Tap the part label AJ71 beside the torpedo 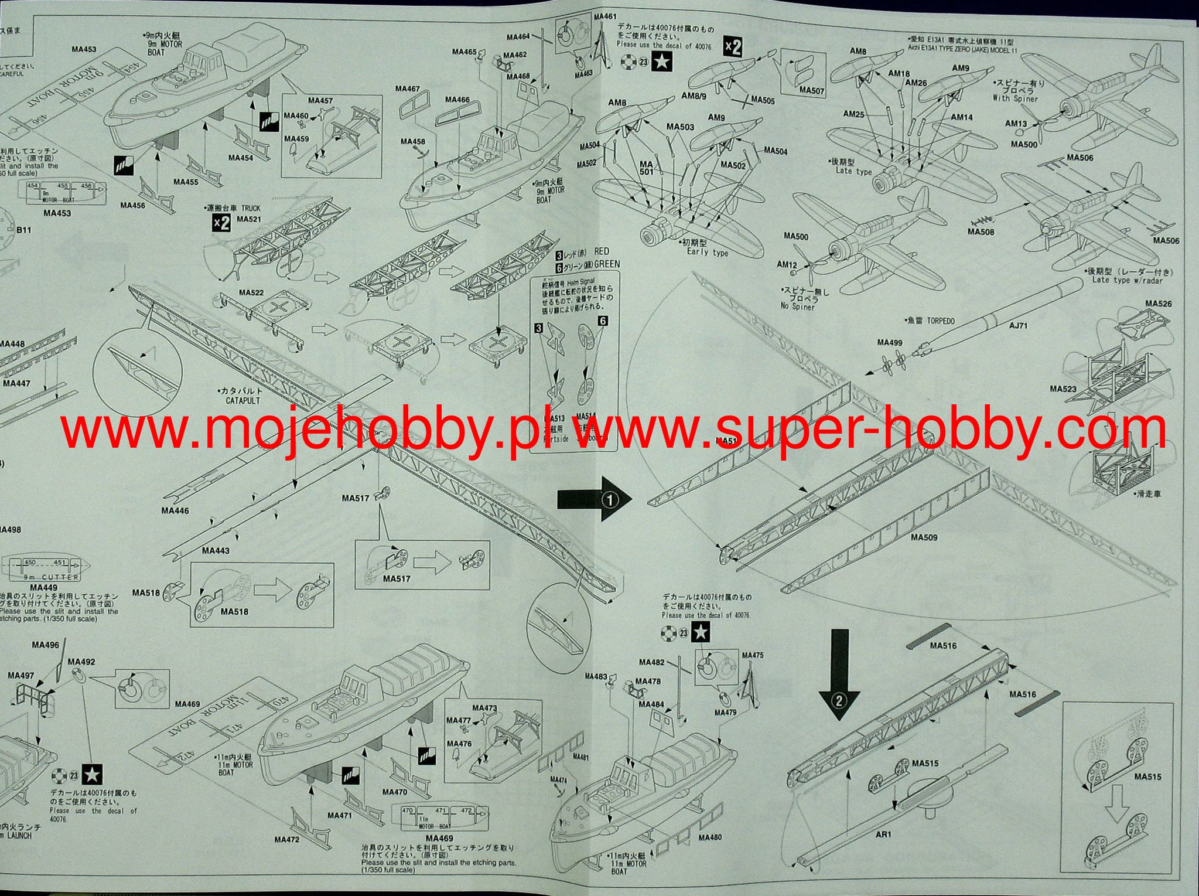(x=1018, y=326)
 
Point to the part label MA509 (x=924, y=537)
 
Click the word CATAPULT (x=242, y=401)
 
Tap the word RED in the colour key (x=602, y=251)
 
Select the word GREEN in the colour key (x=606, y=264)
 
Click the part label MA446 (x=175, y=510)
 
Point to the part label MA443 (x=216, y=550)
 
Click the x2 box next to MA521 (x=221, y=223)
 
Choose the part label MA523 (x=1063, y=389)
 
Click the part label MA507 (x=811, y=90)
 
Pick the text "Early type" (x=708, y=253)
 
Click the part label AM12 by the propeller (x=787, y=265)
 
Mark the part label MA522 (x=251, y=292)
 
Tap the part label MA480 (x=710, y=837)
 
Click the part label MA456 (x=132, y=205)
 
